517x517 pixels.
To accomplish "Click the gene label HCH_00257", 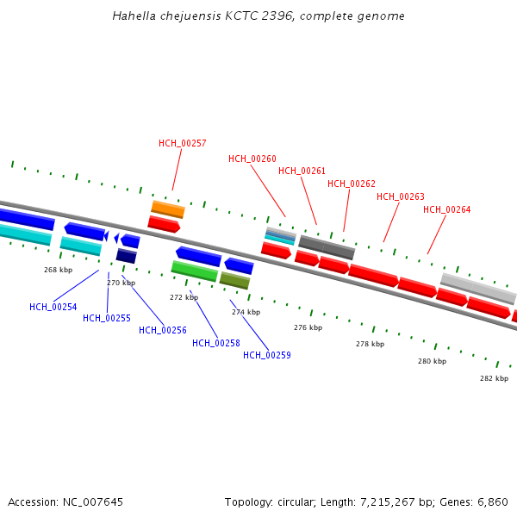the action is point(182,143).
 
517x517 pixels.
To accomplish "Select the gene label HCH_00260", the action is point(252,159).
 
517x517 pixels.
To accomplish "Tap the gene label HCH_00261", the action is point(302,171).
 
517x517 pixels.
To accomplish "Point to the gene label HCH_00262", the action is point(352,184).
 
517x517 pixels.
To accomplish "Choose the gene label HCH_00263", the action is point(401,196).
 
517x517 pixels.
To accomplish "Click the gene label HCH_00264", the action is point(446,209).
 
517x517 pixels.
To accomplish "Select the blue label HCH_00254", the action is point(53,307).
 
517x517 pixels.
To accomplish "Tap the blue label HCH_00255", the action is point(107,318).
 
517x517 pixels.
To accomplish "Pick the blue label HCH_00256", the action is point(163,330).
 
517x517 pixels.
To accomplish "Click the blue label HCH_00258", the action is point(216,343).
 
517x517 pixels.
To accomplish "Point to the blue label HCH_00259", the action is point(267,355).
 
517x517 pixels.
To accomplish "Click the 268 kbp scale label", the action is point(59,270).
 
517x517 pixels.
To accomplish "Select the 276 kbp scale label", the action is point(308,327).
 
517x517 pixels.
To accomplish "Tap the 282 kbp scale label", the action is point(494,378).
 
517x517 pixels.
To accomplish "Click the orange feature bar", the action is point(168,209).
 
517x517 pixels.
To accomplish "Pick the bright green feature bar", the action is point(194,271).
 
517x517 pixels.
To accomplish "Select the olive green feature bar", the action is point(234,280).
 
